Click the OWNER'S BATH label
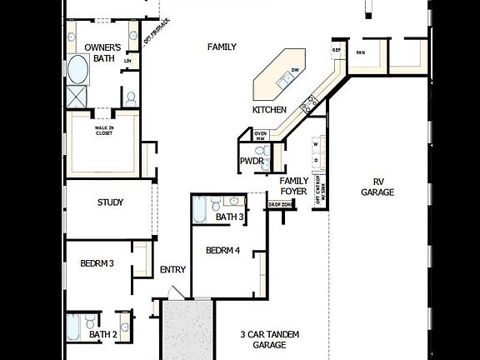point(105,52)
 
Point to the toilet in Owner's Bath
point(130,98)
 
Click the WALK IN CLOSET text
point(104,131)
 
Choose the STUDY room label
point(110,202)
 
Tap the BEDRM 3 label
point(97,263)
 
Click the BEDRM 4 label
point(222,251)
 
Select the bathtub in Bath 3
point(200,210)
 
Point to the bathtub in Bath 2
point(73,327)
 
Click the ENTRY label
point(172,269)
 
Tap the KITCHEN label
point(269,110)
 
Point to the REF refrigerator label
point(337,50)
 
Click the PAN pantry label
point(361,52)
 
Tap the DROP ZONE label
point(279,204)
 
